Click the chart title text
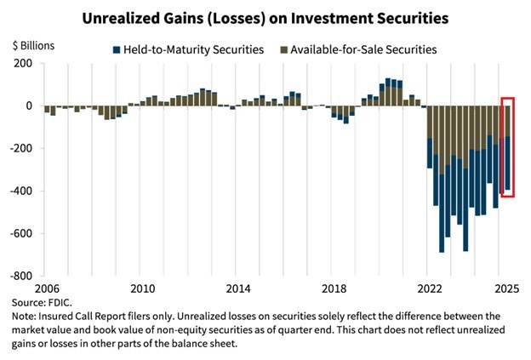pyautogui.click(x=265, y=16)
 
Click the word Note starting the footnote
pyautogui.click(x=24, y=316)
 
